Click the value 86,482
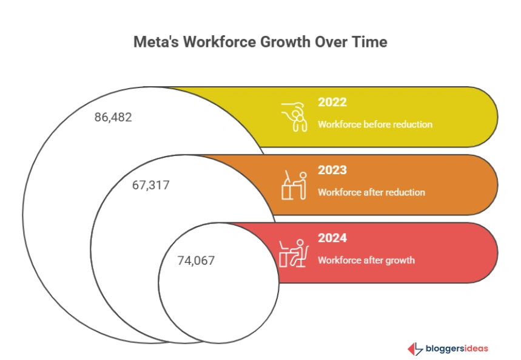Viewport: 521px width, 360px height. pos(113,117)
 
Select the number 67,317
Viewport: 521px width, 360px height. pos(150,185)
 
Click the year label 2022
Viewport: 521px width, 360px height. pos(332,102)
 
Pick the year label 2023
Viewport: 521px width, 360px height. pos(332,170)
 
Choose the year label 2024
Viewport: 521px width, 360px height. pos(332,238)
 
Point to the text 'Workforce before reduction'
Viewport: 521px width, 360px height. pos(375,124)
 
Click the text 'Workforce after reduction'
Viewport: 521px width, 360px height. pos(371,192)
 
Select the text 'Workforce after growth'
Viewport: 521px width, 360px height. pos(366,260)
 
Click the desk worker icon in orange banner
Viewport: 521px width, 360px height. pos(294,185)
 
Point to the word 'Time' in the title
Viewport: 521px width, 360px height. pos(371,43)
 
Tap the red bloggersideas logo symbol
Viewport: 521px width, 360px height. pos(415,348)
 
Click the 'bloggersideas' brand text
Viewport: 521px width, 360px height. pos(457,348)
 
